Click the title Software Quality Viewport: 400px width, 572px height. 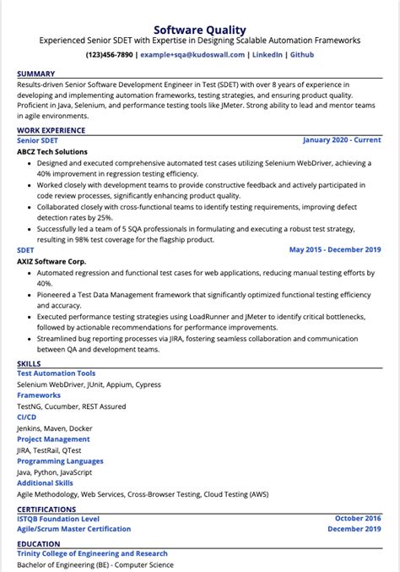click(x=199, y=25)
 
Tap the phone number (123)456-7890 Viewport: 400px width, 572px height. click(x=109, y=55)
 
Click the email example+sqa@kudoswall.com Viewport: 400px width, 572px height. click(x=192, y=55)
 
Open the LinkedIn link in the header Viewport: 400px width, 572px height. click(x=268, y=55)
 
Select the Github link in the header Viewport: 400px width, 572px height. click(x=301, y=55)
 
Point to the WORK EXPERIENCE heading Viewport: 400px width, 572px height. click(x=51, y=130)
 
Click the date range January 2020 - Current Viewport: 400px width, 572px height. click(x=341, y=140)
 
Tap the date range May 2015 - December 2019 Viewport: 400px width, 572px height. click(x=335, y=250)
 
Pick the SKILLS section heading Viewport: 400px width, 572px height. click(x=29, y=363)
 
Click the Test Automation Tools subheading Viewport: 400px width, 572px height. click(x=57, y=373)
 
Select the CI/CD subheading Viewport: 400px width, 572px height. click(x=26, y=417)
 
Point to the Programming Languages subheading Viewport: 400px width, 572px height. click(x=60, y=461)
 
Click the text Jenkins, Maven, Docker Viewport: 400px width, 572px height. click(x=55, y=428)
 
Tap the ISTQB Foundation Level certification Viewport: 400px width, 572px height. click(x=58, y=518)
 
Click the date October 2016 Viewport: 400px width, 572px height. click(x=358, y=518)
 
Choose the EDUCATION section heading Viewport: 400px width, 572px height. click(x=39, y=543)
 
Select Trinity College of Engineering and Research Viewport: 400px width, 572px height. click(x=93, y=553)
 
